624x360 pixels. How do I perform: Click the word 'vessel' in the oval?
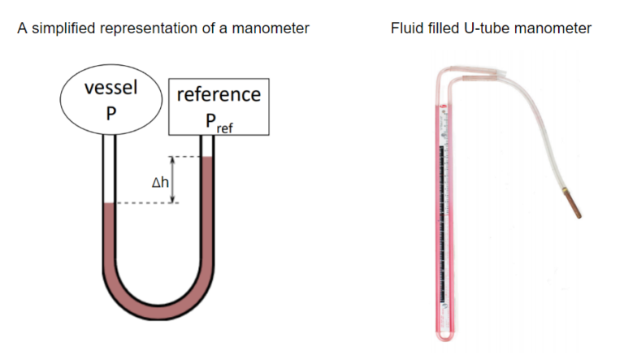[x=110, y=89]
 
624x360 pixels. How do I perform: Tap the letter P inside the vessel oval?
[x=110, y=114]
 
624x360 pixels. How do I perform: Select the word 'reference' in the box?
[x=219, y=94]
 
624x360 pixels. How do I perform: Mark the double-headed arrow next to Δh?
[x=172, y=180]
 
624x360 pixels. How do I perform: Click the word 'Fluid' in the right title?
[x=408, y=29]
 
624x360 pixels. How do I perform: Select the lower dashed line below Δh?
[x=146, y=203]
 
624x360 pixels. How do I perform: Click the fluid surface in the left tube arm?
[x=110, y=203]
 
